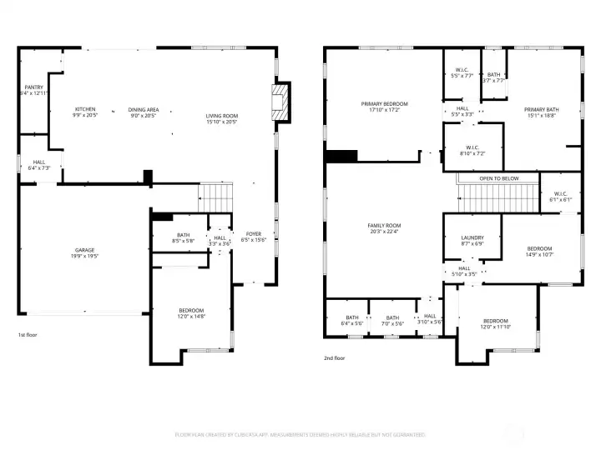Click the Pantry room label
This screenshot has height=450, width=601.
pos(34,90)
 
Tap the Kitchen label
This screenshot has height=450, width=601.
pos(85,112)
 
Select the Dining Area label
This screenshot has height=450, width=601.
pos(144,112)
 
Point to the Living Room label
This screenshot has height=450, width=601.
pos(222,118)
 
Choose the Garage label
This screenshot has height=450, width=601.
pos(84,253)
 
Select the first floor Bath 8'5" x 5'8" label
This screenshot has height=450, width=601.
pos(183,237)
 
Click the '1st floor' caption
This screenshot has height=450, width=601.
pos(28,334)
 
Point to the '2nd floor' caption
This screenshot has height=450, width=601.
pos(335,357)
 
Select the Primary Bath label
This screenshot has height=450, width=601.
pos(541,112)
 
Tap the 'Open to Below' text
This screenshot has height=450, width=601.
pos(498,178)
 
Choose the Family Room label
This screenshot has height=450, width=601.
pos(385,228)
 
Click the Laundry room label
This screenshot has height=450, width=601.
pos(472,241)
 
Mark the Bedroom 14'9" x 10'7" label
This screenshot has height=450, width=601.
pos(539,251)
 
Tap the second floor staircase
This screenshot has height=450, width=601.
pos(491,198)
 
